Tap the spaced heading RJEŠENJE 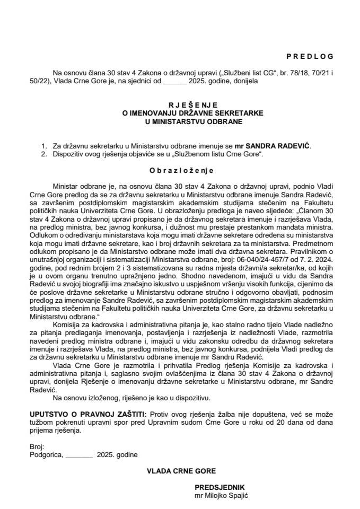180,106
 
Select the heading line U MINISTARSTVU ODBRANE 180,121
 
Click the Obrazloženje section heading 180,171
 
